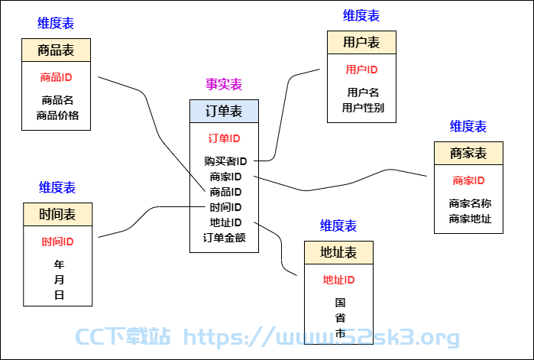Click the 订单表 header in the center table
click(224, 112)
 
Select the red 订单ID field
click(224, 138)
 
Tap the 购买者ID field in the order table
click(225, 161)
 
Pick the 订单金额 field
click(224, 238)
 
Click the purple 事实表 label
click(224, 84)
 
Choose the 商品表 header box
click(57, 50)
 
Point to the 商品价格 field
click(57, 115)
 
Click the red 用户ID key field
click(361, 70)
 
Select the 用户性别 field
click(363, 108)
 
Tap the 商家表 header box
click(468, 154)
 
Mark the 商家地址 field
click(470, 219)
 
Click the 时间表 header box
click(57, 215)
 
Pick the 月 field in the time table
click(59, 280)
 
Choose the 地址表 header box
click(338, 253)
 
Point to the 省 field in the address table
click(340, 318)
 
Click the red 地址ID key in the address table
click(339, 280)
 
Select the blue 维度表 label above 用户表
click(361, 15)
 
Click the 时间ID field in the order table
click(225, 207)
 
